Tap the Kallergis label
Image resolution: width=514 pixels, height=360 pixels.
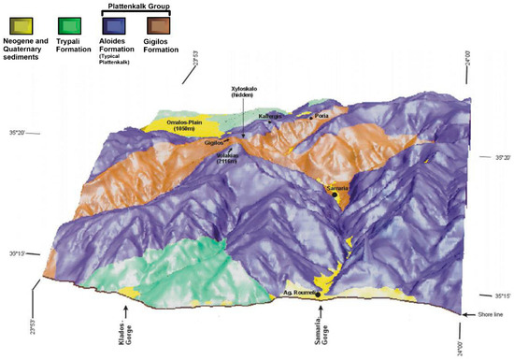[x=272, y=117]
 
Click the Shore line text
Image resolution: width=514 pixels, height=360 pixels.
[x=493, y=315]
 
